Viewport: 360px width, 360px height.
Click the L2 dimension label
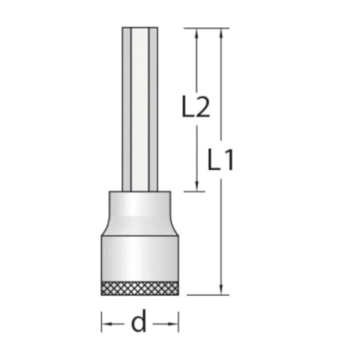[x=196, y=107]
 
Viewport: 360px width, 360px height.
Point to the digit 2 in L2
[x=203, y=107]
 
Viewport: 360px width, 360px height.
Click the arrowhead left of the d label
[x=106, y=322]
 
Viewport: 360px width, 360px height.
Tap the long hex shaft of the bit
[x=140, y=110]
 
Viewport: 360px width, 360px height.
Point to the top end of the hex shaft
[x=140, y=30]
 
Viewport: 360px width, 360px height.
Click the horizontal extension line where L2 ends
[x=188, y=190]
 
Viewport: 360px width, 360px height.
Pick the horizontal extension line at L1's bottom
[x=207, y=295]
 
